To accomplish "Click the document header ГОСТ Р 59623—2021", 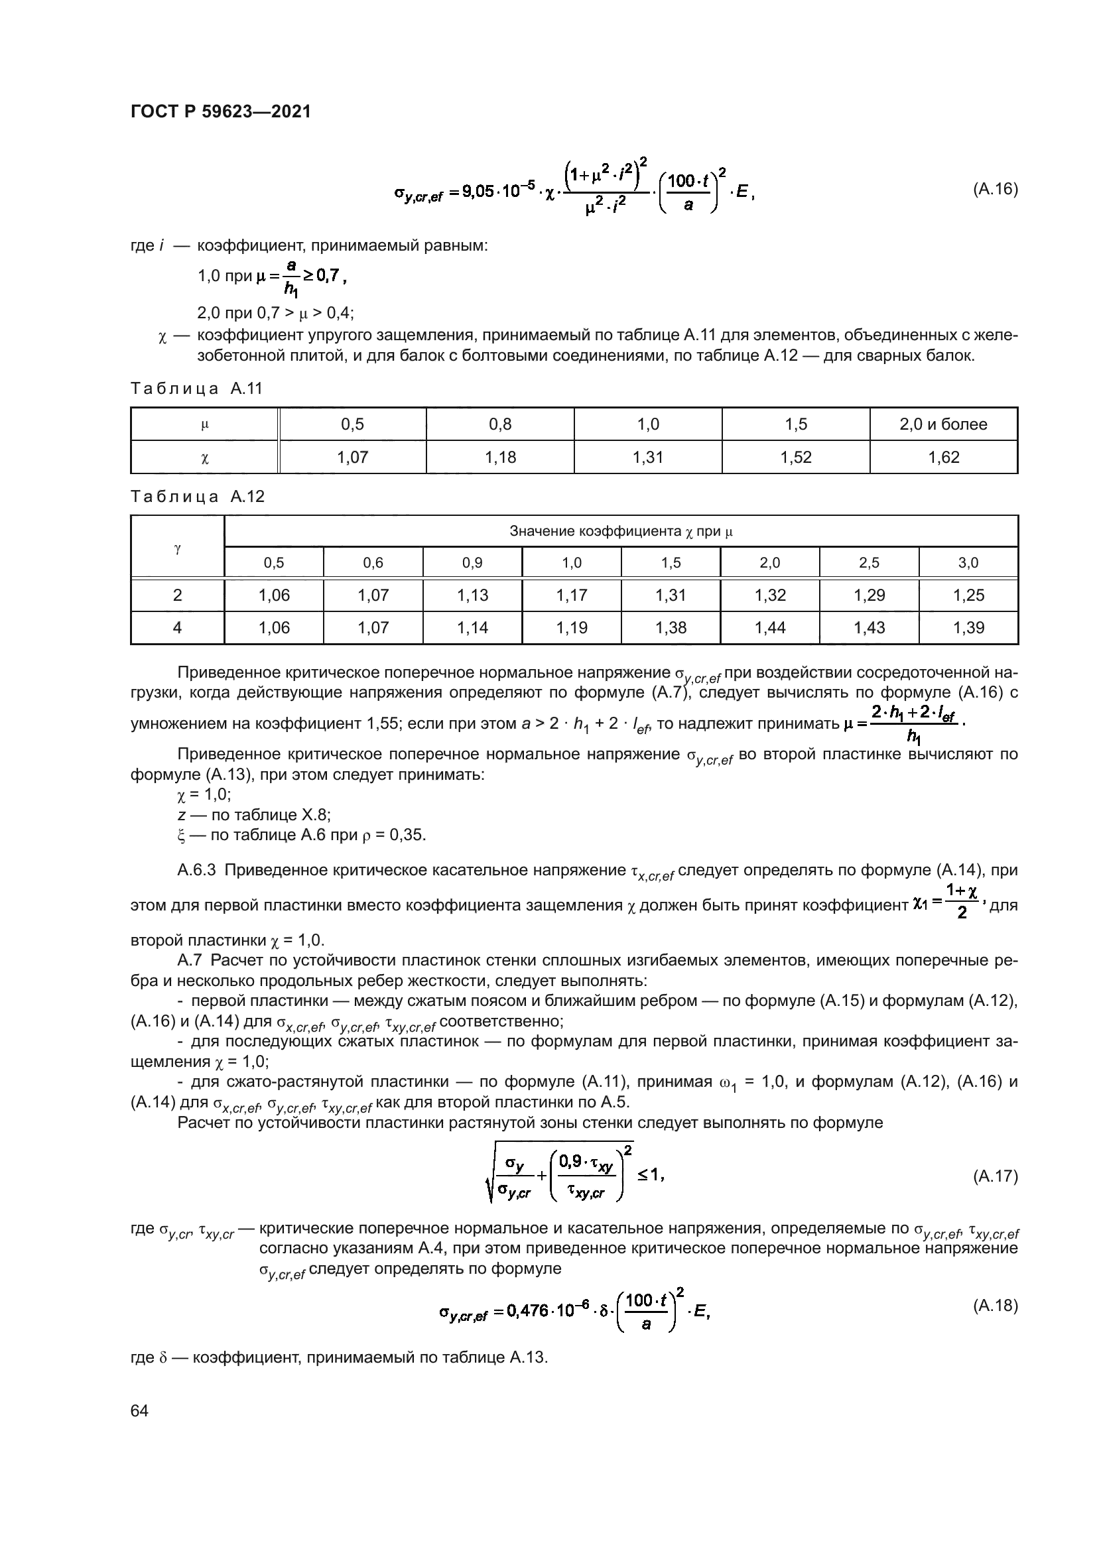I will click(x=221, y=111).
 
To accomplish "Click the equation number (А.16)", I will click(x=995, y=189).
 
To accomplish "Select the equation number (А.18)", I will click(x=995, y=1306).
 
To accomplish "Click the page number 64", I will click(x=139, y=1411).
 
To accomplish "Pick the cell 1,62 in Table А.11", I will click(x=944, y=458).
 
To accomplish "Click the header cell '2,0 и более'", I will click(x=944, y=424).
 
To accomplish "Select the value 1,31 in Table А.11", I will click(x=648, y=458).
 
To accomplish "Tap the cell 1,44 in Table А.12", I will click(x=770, y=627).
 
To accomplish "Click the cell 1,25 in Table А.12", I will click(x=968, y=595).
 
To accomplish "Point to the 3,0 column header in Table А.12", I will click(x=968, y=563).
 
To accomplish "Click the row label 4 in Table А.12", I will click(x=177, y=627).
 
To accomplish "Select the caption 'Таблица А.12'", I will click(x=197, y=497).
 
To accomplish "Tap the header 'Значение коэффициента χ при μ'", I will click(x=621, y=532).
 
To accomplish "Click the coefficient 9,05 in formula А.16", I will click(x=478, y=192).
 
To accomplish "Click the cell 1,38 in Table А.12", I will click(x=671, y=627).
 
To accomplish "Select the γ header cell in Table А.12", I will click(x=177, y=547).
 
